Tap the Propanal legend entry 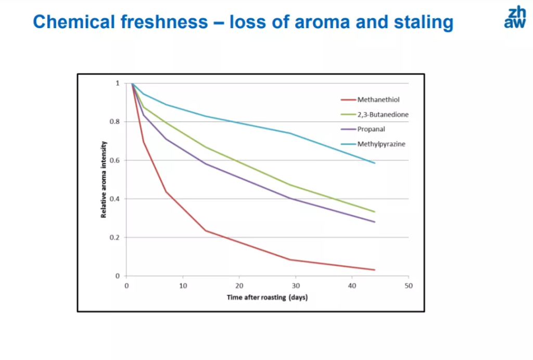371,129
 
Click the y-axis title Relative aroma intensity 104,179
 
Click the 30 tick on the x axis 296,285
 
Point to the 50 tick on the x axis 409,285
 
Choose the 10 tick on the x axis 183,285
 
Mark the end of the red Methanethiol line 375,270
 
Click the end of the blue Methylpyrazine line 375,163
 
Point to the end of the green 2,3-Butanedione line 375,212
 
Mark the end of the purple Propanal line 375,222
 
